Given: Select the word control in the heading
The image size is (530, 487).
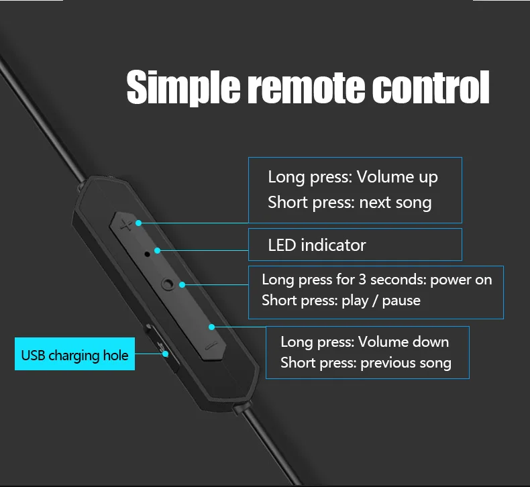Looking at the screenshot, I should tap(430, 88).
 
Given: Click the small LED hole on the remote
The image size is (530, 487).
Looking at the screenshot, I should tap(147, 254).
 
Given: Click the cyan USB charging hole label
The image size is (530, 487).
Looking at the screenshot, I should tap(74, 355).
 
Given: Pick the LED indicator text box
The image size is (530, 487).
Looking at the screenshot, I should tap(355, 245).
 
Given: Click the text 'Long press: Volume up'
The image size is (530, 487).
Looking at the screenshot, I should tap(353, 177).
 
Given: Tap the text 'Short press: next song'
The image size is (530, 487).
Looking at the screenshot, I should tap(350, 202).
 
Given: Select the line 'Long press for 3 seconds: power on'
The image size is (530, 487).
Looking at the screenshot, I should tap(376, 280).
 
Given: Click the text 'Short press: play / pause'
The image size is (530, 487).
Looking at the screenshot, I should tap(341, 300).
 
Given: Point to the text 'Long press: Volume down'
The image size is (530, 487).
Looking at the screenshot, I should tap(364, 341).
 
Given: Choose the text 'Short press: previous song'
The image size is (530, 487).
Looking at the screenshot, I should tap(366, 363).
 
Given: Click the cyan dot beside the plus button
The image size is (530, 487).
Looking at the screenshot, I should tap(139, 222).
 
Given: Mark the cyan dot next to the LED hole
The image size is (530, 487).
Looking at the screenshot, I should tap(158, 251).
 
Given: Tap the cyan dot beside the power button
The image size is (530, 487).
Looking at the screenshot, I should tap(182, 284).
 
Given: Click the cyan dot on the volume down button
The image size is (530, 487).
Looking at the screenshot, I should tap(212, 327).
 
